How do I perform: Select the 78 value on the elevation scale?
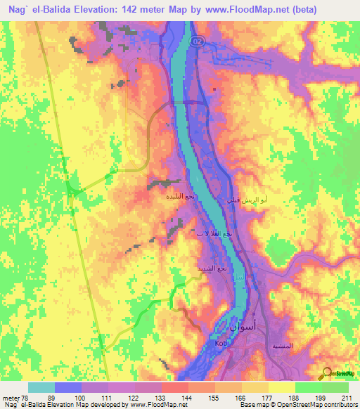coord(29,397)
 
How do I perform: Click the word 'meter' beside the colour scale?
coord(11,397)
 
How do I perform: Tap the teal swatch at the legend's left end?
coord(41,387)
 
